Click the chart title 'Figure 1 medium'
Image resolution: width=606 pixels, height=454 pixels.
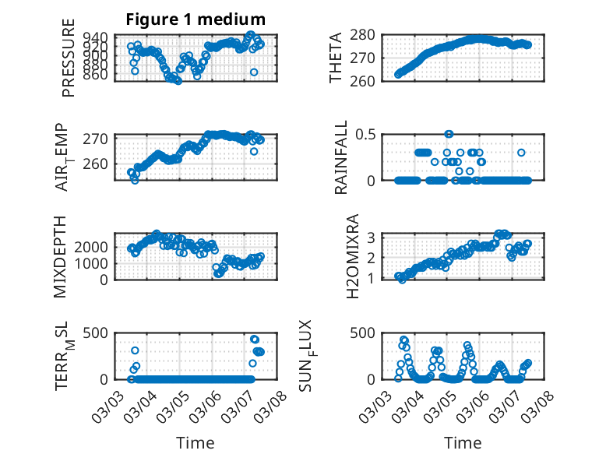[x=196, y=19]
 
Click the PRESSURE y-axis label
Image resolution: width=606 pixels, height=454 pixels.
[x=69, y=64]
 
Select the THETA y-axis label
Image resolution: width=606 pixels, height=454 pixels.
[x=336, y=58]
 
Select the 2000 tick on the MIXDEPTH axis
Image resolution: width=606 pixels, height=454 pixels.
[x=93, y=247]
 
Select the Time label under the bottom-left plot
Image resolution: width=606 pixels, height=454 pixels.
[x=196, y=442]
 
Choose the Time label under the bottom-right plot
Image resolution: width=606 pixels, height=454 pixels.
[x=463, y=442]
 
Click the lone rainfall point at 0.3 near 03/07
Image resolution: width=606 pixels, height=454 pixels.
[x=521, y=153]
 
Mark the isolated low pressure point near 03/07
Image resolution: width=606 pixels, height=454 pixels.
[x=254, y=72]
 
